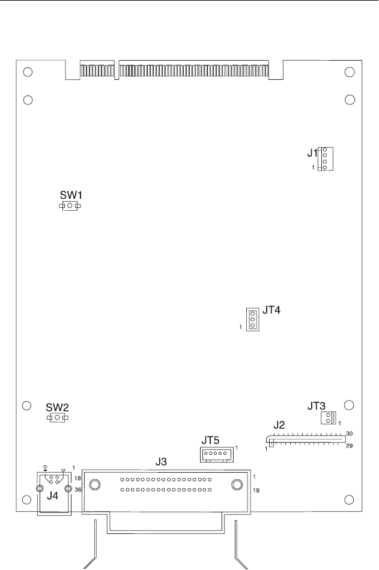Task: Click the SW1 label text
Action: (x=71, y=195)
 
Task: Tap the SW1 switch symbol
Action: (x=70, y=206)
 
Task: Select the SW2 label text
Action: (x=58, y=407)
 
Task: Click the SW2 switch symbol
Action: (x=58, y=417)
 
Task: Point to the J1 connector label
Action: (x=312, y=153)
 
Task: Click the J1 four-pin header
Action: (x=326, y=159)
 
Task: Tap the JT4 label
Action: (x=271, y=311)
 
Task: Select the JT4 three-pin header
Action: (x=252, y=319)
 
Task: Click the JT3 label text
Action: (x=317, y=405)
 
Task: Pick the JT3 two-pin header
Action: (x=329, y=417)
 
